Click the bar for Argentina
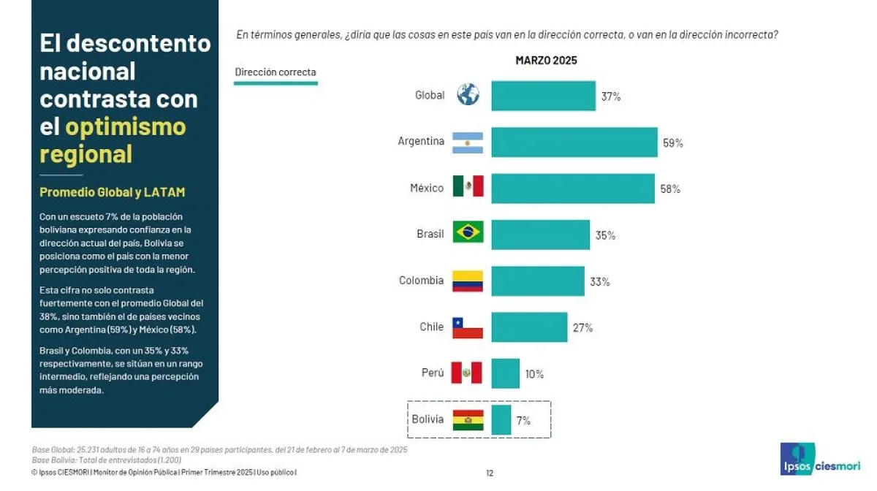coord(574,142)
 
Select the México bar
coord(572,188)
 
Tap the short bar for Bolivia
coord(501,419)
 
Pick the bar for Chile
coord(528,327)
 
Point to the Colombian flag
coord(468,281)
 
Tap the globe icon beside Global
coord(468,94)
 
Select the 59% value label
coord(672,143)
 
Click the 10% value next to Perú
coord(534,374)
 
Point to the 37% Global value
coord(611,96)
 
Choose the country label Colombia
coord(421,281)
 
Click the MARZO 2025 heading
coord(546,61)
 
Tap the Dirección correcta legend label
coord(276,72)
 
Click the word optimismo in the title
coord(126,126)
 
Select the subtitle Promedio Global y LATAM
coord(112,192)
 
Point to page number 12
coord(490,473)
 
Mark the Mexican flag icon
coord(468,187)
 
